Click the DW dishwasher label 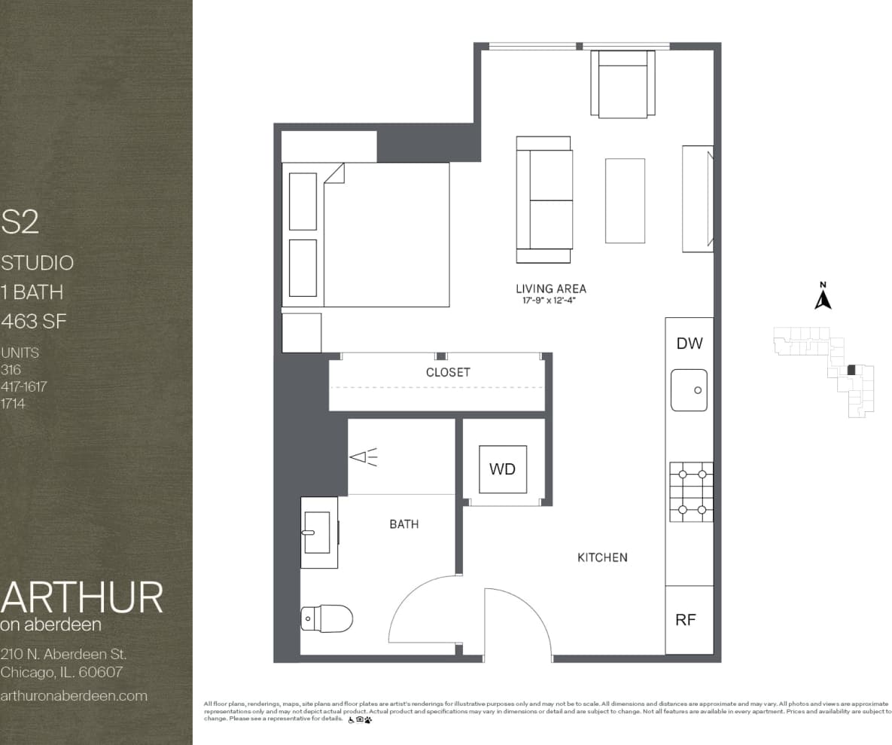[689, 343]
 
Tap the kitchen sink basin [689, 389]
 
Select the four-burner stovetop [691, 492]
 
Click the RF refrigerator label [685, 620]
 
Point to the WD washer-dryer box [503, 469]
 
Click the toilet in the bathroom [327, 618]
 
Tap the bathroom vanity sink [318, 532]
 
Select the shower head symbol [364, 456]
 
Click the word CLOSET [448, 372]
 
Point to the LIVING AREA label [550, 289]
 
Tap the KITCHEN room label [602, 557]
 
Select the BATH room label [404, 524]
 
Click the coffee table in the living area [625, 200]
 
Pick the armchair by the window [623, 83]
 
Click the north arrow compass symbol [823, 298]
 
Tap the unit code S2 [20, 221]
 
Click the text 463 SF [34, 322]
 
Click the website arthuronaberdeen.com [74, 695]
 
